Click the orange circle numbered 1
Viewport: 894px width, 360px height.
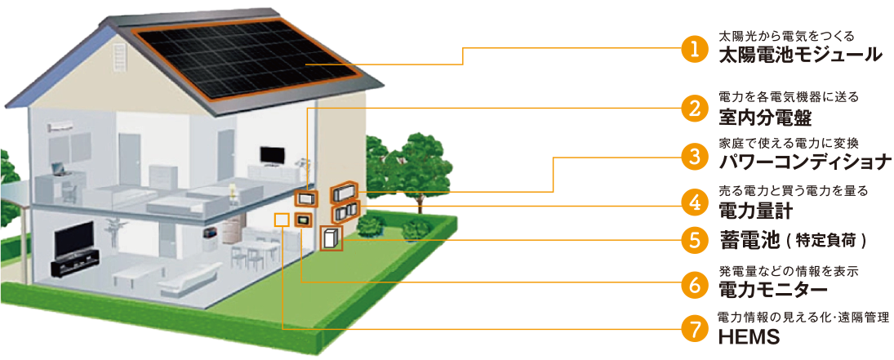[693, 49]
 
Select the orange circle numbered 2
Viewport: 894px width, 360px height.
[693, 109]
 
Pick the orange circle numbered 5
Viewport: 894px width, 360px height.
[693, 241]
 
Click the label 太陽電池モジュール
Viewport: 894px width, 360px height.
[799, 56]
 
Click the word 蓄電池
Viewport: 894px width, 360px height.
[742, 241]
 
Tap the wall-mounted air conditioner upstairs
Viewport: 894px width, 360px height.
[62, 126]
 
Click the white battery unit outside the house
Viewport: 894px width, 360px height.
[331, 238]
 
